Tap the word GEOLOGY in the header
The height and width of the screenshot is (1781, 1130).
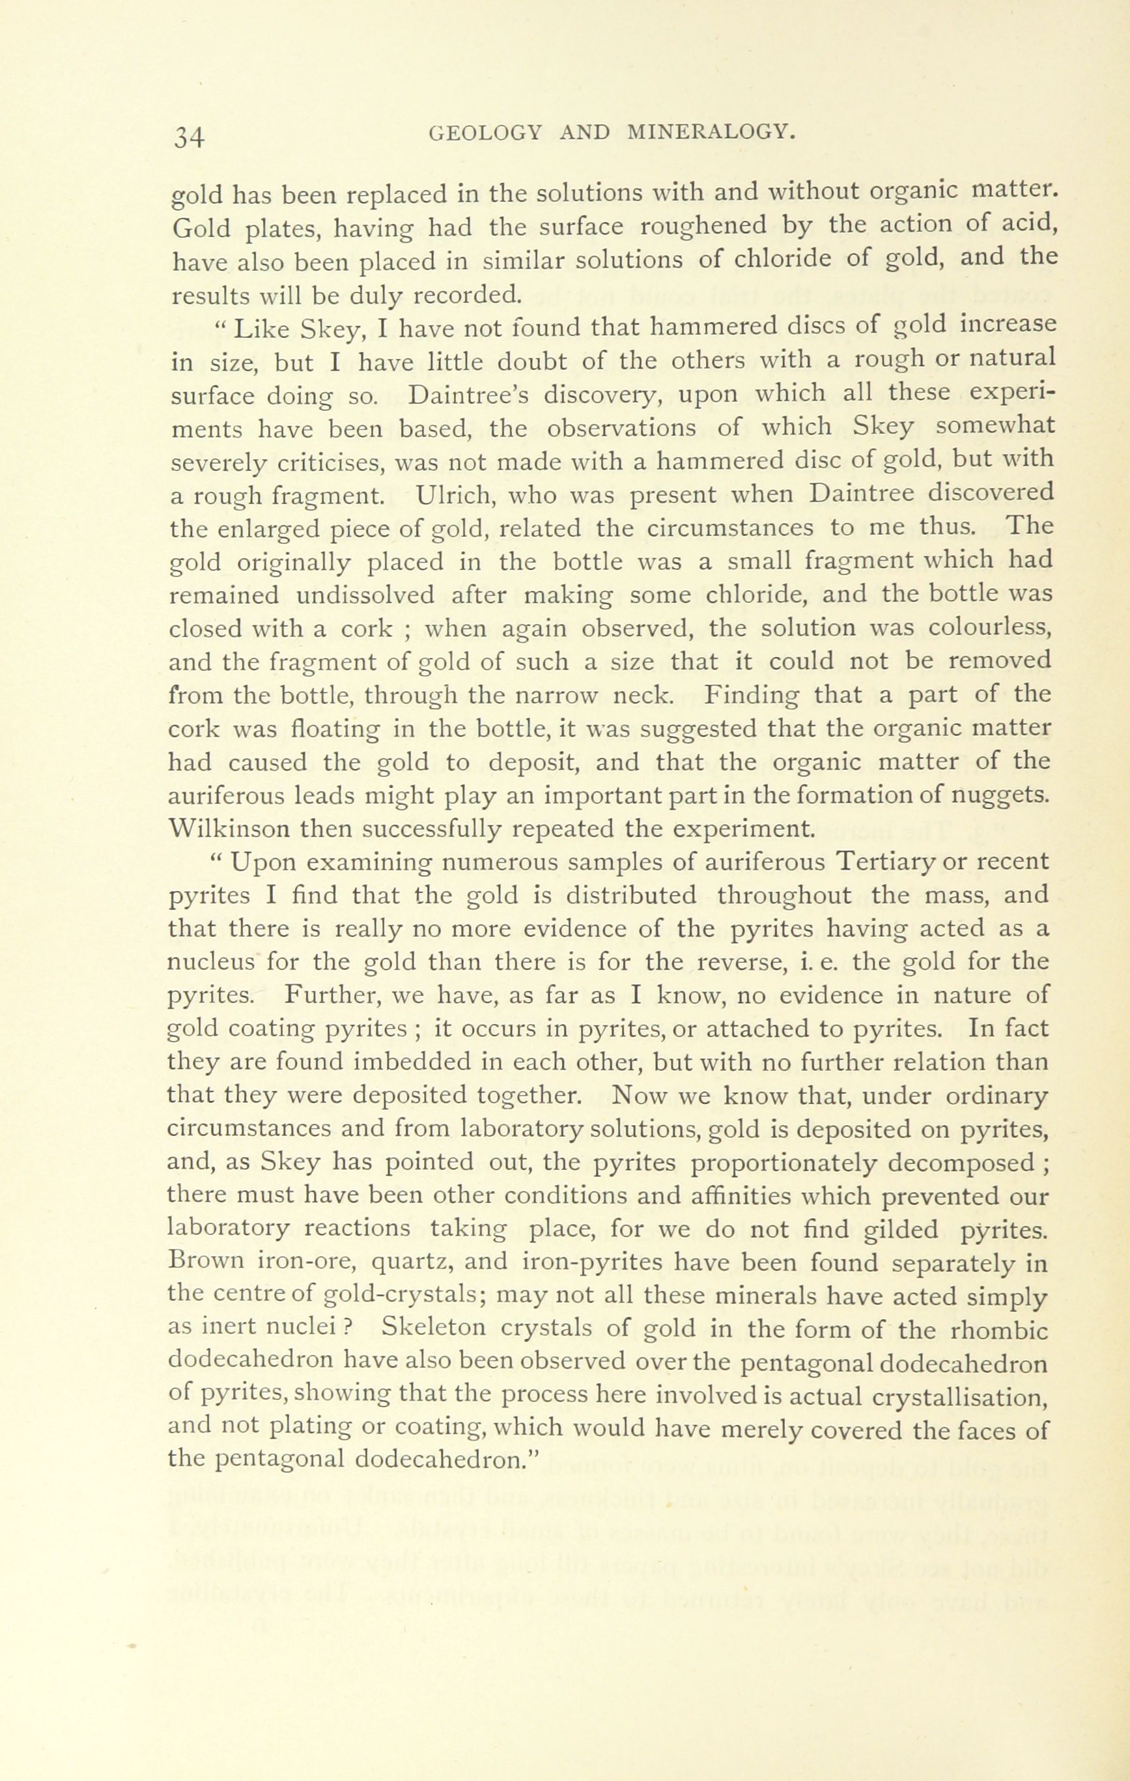pyautogui.click(x=485, y=133)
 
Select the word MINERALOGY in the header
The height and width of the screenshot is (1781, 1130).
pyautogui.click(x=711, y=132)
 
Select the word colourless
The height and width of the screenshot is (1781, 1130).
pyautogui.click(x=989, y=628)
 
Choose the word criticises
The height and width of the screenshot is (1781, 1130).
pyautogui.click(x=329, y=461)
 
